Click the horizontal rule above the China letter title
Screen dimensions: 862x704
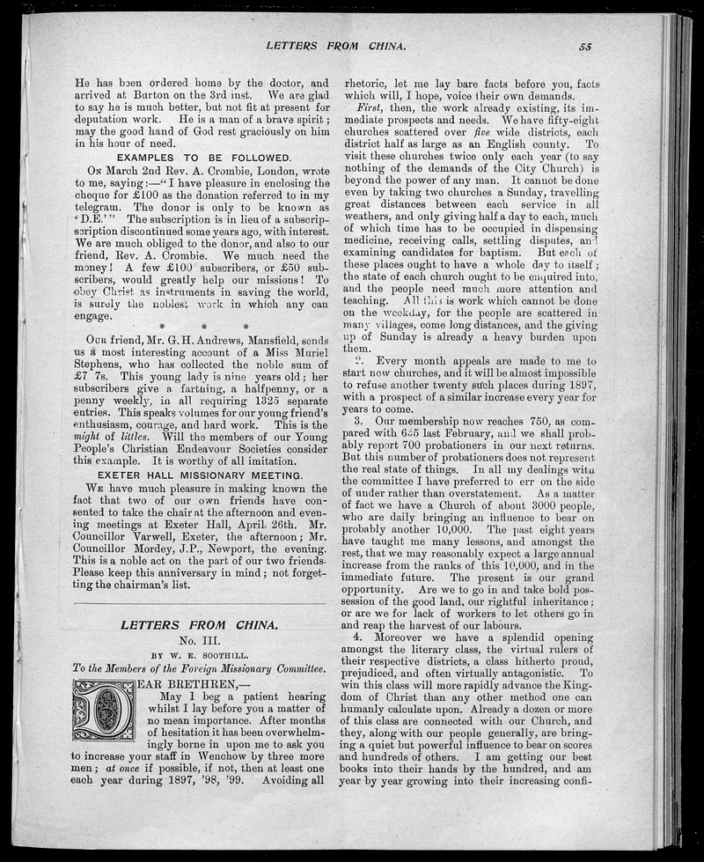(x=200, y=602)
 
